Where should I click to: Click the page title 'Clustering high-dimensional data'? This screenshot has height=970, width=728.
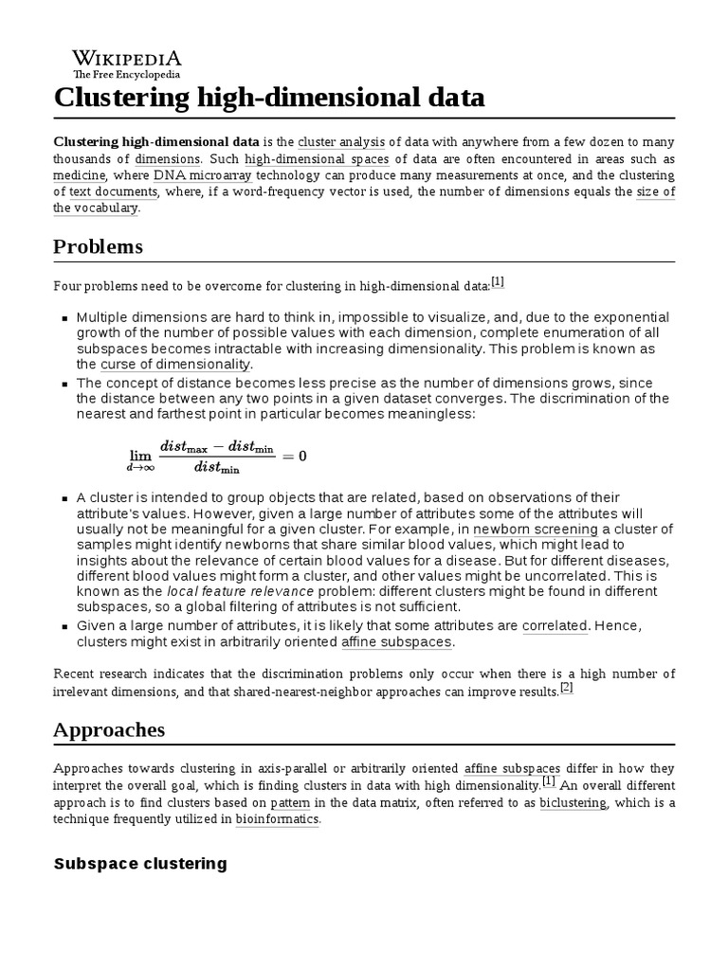coord(269,98)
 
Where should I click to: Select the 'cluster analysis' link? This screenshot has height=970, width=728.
coord(336,141)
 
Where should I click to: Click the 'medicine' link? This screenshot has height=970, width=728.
coord(80,176)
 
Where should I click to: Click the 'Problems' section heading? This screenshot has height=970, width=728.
coord(98,246)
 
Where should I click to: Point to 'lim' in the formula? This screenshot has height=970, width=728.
coord(140,456)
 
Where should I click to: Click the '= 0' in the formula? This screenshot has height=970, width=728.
coord(294,456)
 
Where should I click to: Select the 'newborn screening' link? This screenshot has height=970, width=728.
coord(536,530)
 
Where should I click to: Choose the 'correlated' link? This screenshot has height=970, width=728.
coord(555,626)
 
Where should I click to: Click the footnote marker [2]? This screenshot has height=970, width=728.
coord(566,689)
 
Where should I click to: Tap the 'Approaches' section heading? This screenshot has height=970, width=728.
coord(109,729)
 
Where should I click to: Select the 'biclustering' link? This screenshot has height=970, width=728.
coord(573,803)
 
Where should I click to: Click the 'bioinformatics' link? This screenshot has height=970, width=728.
coord(276,820)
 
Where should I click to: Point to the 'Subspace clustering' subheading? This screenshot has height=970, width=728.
coord(140,863)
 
